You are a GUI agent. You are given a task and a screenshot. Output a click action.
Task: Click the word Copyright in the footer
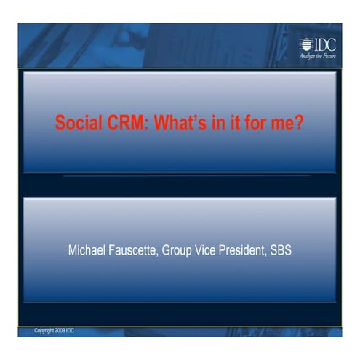pos(45,331)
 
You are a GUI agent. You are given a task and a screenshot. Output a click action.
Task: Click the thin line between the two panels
pos(185,176)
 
